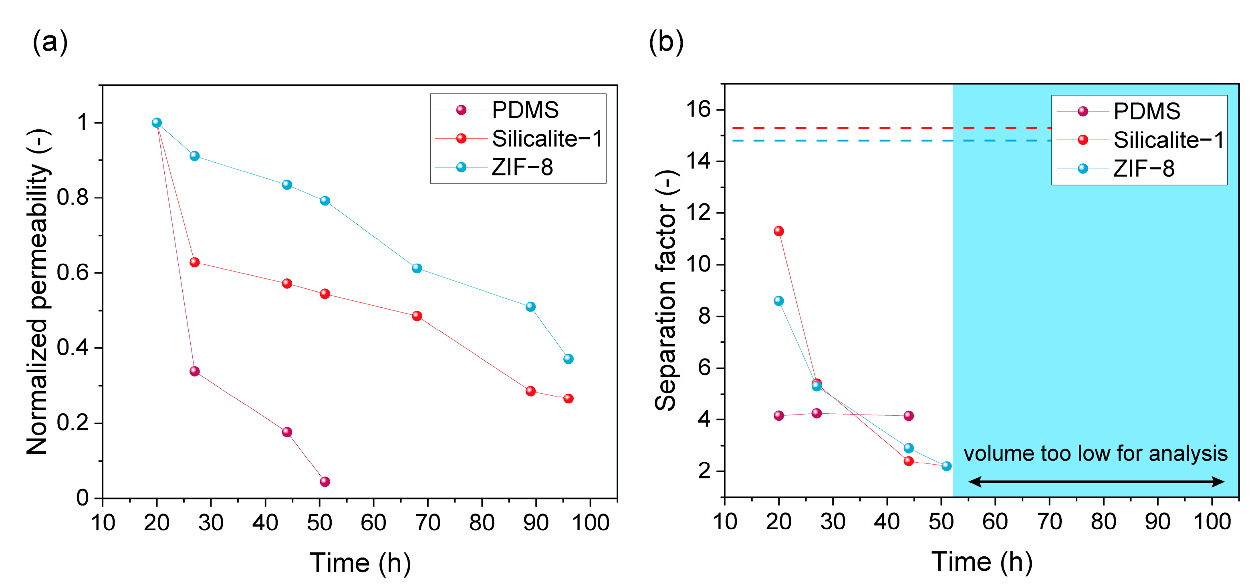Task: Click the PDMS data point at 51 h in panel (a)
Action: click(x=325, y=481)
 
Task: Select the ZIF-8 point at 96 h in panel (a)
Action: click(x=568, y=359)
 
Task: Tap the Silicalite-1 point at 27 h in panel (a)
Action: click(x=194, y=262)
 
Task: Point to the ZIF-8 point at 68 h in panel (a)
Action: click(x=417, y=268)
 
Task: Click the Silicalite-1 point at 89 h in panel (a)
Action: click(x=530, y=391)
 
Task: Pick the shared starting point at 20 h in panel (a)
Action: click(x=156, y=123)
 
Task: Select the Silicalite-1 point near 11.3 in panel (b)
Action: click(x=779, y=231)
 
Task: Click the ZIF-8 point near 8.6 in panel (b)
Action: click(x=779, y=301)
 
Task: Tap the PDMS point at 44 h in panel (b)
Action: click(x=908, y=416)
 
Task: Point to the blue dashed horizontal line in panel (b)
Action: click(x=876, y=141)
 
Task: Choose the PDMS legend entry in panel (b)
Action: click(x=1146, y=111)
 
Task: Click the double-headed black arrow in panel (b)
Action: click(x=1096, y=482)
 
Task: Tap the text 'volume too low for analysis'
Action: click(x=1095, y=454)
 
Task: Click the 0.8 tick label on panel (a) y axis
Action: click(x=73, y=197)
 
